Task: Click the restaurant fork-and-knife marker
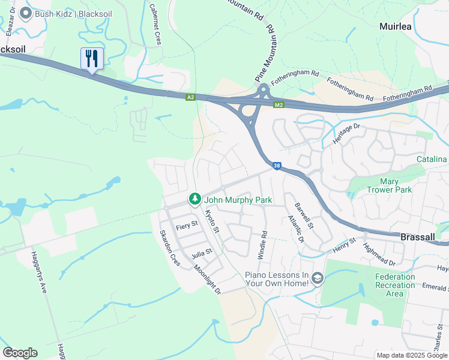pos(92,59)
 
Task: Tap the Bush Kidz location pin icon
pos(25,13)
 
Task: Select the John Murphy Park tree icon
pos(194,199)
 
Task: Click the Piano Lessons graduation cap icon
pos(317,278)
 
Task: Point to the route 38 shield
pos(276,166)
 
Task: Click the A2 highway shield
pos(190,97)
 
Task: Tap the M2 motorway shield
pos(279,105)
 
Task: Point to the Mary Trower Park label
pos(388,185)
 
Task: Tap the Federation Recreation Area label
pos(394,285)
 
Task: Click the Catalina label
pos(432,159)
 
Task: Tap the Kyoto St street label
pos(213,222)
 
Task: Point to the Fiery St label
pos(182,227)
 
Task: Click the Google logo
pos(20,353)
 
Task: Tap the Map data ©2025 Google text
pos(411,355)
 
